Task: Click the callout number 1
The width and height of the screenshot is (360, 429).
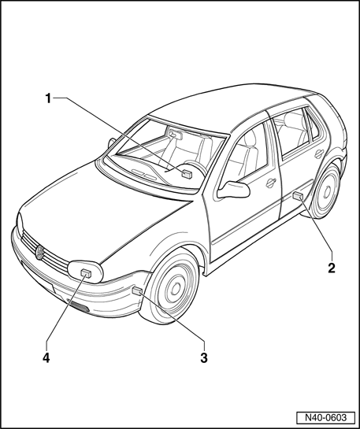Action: [48, 98]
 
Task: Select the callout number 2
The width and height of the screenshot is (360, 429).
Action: [332, 268]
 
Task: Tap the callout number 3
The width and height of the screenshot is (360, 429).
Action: [204, 358]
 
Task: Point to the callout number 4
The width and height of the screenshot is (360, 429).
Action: [46, 358]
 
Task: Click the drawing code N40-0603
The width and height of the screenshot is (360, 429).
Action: [326, 418]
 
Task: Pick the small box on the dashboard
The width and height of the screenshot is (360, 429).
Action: [187, 174]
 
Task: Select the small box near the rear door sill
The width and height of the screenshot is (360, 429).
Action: [298, 196]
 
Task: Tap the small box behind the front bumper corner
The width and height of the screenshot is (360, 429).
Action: [137, 291]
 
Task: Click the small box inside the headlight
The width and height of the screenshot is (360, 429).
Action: [86, 273]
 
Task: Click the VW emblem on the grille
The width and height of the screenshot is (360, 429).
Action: [40, 253]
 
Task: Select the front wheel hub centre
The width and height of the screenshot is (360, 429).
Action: [176, 288]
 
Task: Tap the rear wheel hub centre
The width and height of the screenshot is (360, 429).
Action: [327, 192]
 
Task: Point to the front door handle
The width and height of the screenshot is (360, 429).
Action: [271, 183]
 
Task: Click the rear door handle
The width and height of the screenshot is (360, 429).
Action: [319, 153]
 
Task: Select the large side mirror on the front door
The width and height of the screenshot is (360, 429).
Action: [233, 190]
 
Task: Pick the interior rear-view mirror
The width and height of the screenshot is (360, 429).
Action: [176, 134]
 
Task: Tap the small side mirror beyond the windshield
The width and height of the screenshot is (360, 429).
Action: [111, 142]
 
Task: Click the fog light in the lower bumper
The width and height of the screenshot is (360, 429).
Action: [79, 306]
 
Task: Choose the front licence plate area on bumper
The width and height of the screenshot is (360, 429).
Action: [38, 278]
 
